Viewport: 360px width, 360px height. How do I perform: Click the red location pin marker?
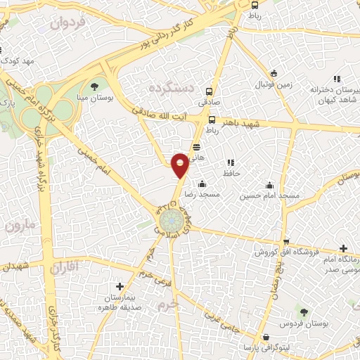coord(181,165)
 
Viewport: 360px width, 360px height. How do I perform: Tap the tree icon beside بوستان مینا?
coord(95,86)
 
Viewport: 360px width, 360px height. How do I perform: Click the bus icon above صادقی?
coord(209,91)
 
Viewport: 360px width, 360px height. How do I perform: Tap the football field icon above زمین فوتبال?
coord(274,73)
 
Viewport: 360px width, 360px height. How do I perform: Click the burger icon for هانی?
coord(196,147)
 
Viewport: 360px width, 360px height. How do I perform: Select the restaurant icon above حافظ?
coord(230,162)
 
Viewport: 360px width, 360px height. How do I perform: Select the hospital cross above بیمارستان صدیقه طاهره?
coord(121,287)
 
